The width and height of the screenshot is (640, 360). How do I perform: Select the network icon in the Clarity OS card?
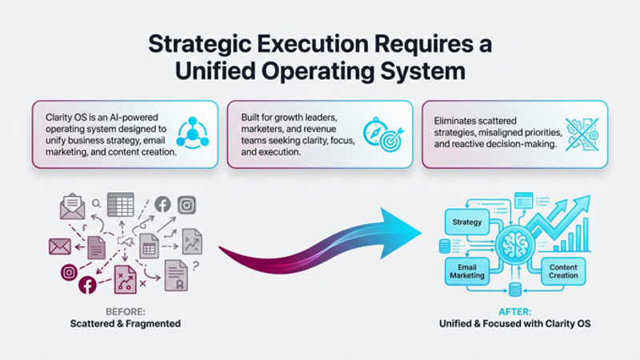192,133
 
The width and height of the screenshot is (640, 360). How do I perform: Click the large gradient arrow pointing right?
320,240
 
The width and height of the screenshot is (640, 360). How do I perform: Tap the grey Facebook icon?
162,205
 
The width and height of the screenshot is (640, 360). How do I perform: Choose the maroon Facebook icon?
87,285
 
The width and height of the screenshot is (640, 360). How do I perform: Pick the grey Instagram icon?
186,205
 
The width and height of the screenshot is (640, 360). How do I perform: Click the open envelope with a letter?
72,206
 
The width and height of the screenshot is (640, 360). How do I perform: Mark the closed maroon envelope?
60,246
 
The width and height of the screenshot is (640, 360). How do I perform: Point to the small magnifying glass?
96,203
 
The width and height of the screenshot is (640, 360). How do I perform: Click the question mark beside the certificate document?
195,266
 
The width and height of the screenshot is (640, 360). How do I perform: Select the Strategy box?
466,221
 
